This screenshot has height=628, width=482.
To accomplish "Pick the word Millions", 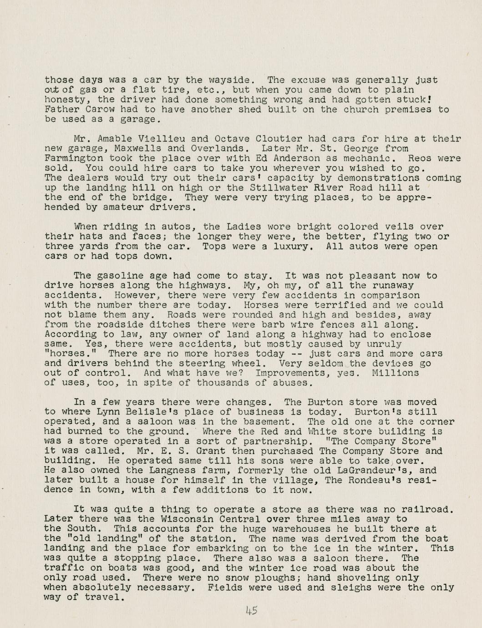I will pyautogui.click(x=395, y=373).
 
